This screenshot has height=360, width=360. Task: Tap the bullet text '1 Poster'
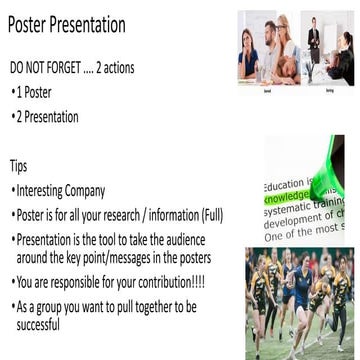pyautogui.click(x=39, y=92)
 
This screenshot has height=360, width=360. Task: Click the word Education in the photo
pyautogui.click(x=283, y=186)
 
